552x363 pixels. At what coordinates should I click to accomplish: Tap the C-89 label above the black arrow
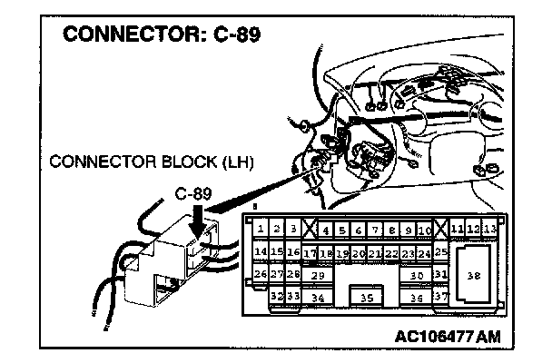pos(194,194)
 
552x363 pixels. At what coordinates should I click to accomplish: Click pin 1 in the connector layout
pos(260,230)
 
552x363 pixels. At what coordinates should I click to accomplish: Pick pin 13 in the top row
pos(490,229)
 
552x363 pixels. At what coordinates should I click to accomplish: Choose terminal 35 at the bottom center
pos(367,296)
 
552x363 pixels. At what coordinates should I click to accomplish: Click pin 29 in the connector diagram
pos(317,274)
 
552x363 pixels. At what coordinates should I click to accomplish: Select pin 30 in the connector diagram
pos(417,274)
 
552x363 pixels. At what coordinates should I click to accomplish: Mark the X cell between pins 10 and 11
pos(441,229)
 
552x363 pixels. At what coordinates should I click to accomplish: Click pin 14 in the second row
pos(260,251)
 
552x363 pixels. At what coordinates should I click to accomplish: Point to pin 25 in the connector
pos(442,250)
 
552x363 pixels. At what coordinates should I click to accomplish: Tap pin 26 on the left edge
pos(260,273)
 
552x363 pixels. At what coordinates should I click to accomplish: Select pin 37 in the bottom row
pos(441,296)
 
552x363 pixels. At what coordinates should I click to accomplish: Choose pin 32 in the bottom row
pos(278,295)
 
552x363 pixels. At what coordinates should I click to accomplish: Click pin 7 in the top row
pos(360,230)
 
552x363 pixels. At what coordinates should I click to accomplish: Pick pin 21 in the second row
pos(375,252)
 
